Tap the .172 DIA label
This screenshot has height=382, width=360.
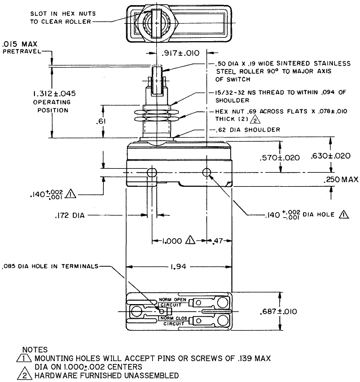(x=70, y=215)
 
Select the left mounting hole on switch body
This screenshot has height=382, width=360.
(x=151, y=172)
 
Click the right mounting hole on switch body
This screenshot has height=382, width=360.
(x=208, y=172)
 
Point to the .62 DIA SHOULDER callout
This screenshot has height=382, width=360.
(x=248, y=130)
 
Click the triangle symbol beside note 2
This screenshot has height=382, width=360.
(x=25, y=375)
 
